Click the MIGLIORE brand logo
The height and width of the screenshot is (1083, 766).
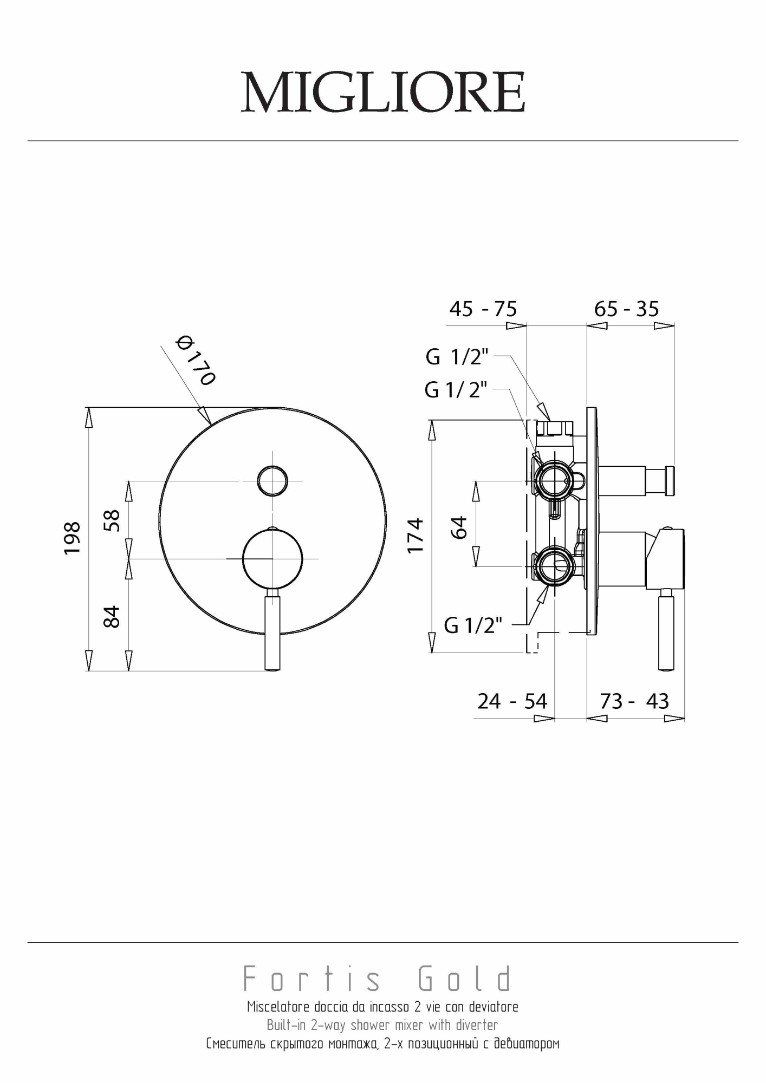[383, 92]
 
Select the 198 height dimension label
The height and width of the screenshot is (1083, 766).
[72, 538]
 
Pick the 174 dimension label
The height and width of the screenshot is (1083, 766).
[416, 535]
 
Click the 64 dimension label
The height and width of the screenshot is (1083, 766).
[458, 527]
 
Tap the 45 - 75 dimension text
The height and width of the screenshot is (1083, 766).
[483, 309]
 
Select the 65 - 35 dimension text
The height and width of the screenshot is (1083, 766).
[626, 309]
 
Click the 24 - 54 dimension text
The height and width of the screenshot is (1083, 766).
[512, 701]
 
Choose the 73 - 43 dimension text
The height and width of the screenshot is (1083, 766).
[634, 701]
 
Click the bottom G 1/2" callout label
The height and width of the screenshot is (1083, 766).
[473, 625]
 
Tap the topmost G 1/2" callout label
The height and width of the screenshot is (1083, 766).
[457, 357]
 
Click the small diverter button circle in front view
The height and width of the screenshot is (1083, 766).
[272, 480]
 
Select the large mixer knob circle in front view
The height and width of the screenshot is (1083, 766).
[272, 558]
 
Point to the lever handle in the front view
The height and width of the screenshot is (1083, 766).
[272, 632]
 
